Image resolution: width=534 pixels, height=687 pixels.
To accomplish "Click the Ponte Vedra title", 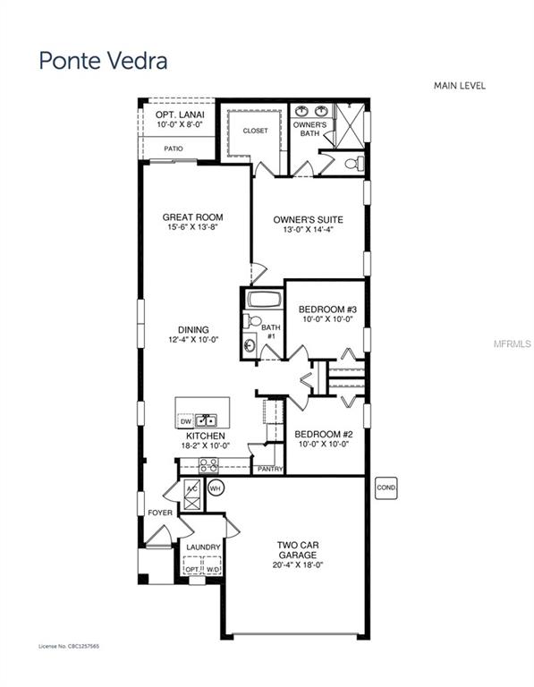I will pyautogui.click(x=102, y=61).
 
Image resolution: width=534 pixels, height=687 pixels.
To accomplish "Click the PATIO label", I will pyautogui.click(x=174, y=148).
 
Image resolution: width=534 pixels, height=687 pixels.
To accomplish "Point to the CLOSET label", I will pyautogui.click(x=255, y=131).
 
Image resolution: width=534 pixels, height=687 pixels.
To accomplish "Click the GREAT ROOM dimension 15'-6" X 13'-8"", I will pyautogui.click(x=192, y=227).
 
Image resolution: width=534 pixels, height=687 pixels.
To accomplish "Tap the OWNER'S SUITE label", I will pyautogui.click(x=307, y=218).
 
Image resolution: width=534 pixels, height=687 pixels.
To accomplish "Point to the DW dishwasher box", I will pyautogui.click(x=187, y=420).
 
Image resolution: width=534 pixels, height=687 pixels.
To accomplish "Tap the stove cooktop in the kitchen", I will pyautogui.click(x=209, y=465).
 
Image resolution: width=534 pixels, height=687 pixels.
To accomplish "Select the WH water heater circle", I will pyautogui.click(x=216, y=488).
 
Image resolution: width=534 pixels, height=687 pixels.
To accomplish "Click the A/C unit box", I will pyautogui.click(x=191, y=489).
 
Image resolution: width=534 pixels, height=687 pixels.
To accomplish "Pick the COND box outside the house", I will pyautogui.click(x=386, y=488).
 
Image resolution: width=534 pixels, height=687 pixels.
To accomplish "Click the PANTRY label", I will pyautogui.click(x=269, y=469).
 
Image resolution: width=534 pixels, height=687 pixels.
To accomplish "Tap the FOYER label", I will pyautogui.click(x=160, y=513).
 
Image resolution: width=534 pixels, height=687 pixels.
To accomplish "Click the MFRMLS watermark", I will pyautogui.click(x=514, y=343).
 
